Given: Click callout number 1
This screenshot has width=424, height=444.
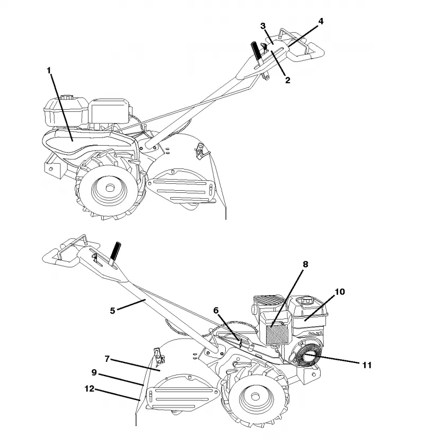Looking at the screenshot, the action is click(x=49, y=70).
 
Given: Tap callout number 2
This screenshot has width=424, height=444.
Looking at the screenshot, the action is click(x=287, y=80).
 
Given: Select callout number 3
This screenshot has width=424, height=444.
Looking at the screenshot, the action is click(x=263, y=26).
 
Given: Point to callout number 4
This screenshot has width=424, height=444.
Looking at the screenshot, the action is click(x=321, y=21).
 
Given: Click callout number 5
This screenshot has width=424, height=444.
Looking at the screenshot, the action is click(x=112, y=310).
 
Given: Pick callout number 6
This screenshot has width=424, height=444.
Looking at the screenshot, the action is click(x=216, y=310).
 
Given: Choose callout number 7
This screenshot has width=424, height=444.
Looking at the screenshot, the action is click(x=107, y=359).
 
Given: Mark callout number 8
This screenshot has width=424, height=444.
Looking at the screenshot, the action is click(x=305, y=264).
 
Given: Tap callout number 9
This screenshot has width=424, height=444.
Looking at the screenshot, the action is click(x=94, y=372).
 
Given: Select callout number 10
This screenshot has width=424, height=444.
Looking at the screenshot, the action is click(x=340, y=291).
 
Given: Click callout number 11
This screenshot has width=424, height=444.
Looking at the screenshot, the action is click(x=367, y=365).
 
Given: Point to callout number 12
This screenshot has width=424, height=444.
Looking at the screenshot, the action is click(x=90, y=388).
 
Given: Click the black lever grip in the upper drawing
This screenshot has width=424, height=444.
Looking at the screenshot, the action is click(x=256, y=50).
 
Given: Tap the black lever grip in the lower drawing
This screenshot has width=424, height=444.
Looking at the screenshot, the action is click(x=116, y=251).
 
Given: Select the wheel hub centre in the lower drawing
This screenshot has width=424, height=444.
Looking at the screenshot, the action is click(x=255, y=396).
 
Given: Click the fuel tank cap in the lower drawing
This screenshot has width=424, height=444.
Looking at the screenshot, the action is click(x=306, y=299).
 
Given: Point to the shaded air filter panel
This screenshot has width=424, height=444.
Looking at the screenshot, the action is click(x=277, y=334).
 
